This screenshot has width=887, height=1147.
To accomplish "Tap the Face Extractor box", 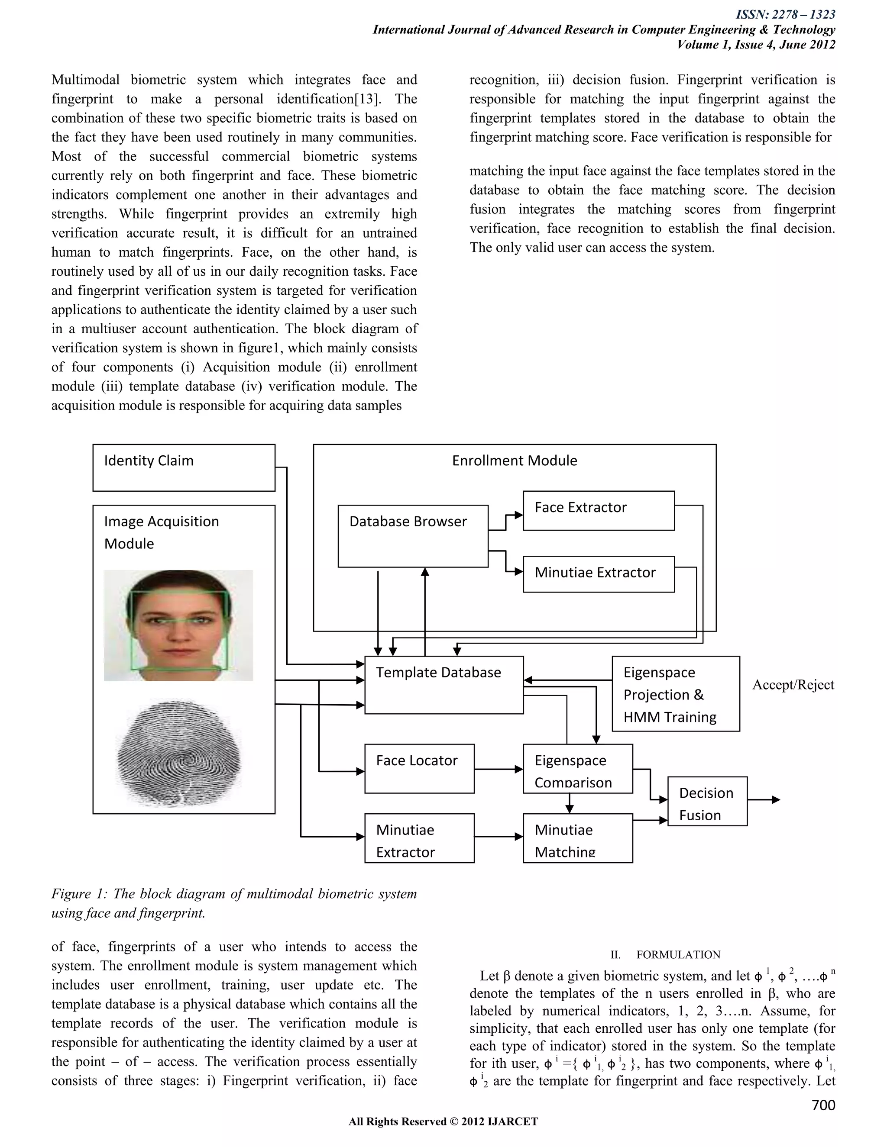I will coord(598,510).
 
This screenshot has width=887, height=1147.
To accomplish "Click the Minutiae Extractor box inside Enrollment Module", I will coord(598,574).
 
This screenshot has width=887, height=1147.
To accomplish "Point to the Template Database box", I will coord(443,684).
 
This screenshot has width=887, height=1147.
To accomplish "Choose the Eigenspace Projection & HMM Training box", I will coord(675,693).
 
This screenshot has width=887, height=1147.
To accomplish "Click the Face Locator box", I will coord(419,768).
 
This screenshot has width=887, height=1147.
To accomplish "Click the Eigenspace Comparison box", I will coord(577,768).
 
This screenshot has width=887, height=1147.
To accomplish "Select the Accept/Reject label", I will coord(793,685).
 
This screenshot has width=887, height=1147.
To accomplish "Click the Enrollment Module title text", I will coord(514,461).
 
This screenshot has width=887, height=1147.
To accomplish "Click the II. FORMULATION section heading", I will coord(665,954).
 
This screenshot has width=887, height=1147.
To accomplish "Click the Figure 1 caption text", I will coord(234,903).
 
